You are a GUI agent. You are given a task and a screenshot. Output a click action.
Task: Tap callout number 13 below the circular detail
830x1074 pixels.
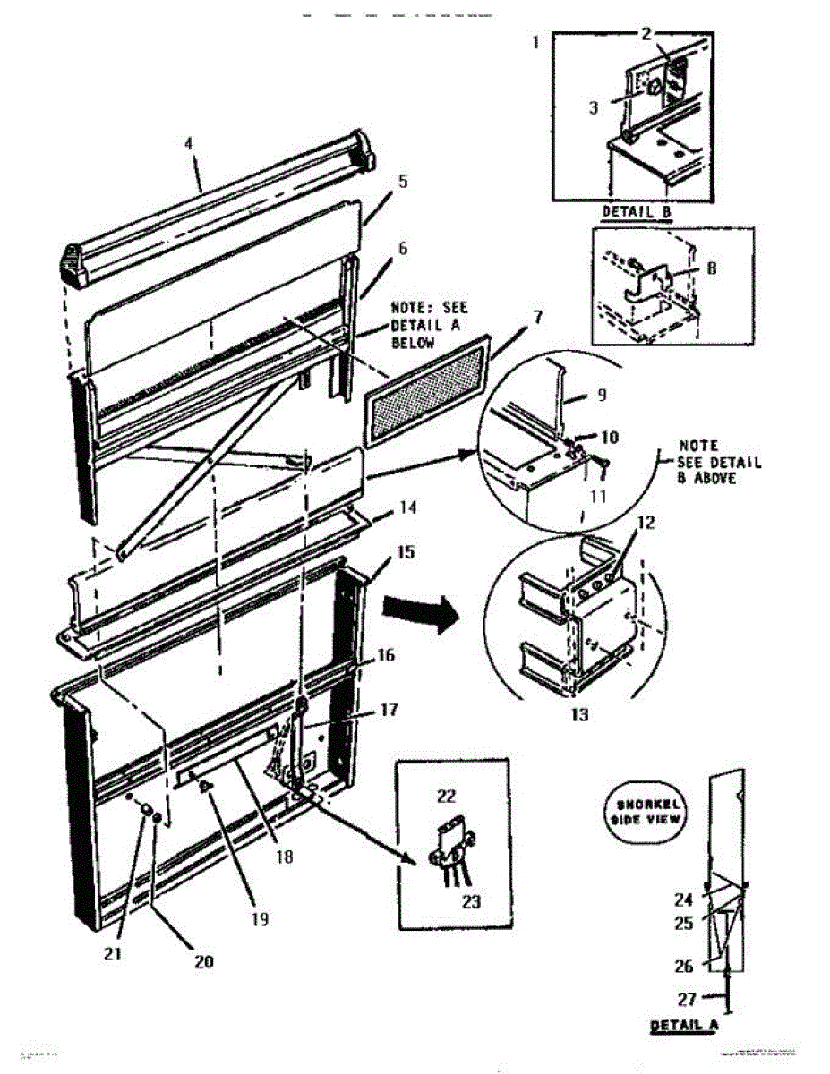click(579, 715)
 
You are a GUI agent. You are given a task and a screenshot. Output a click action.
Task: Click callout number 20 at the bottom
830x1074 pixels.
click(204, 961)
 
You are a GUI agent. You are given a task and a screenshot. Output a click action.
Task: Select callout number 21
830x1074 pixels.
click(113, 954)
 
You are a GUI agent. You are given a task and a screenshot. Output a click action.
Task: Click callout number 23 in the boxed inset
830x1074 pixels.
click(471, 901)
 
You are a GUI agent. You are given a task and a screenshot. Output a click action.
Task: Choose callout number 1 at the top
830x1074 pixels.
click(535, 42)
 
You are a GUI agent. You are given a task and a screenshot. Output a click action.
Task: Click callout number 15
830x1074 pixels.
click(406, 552)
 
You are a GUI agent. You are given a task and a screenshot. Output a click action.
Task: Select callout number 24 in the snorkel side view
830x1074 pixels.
click(683, 900)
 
